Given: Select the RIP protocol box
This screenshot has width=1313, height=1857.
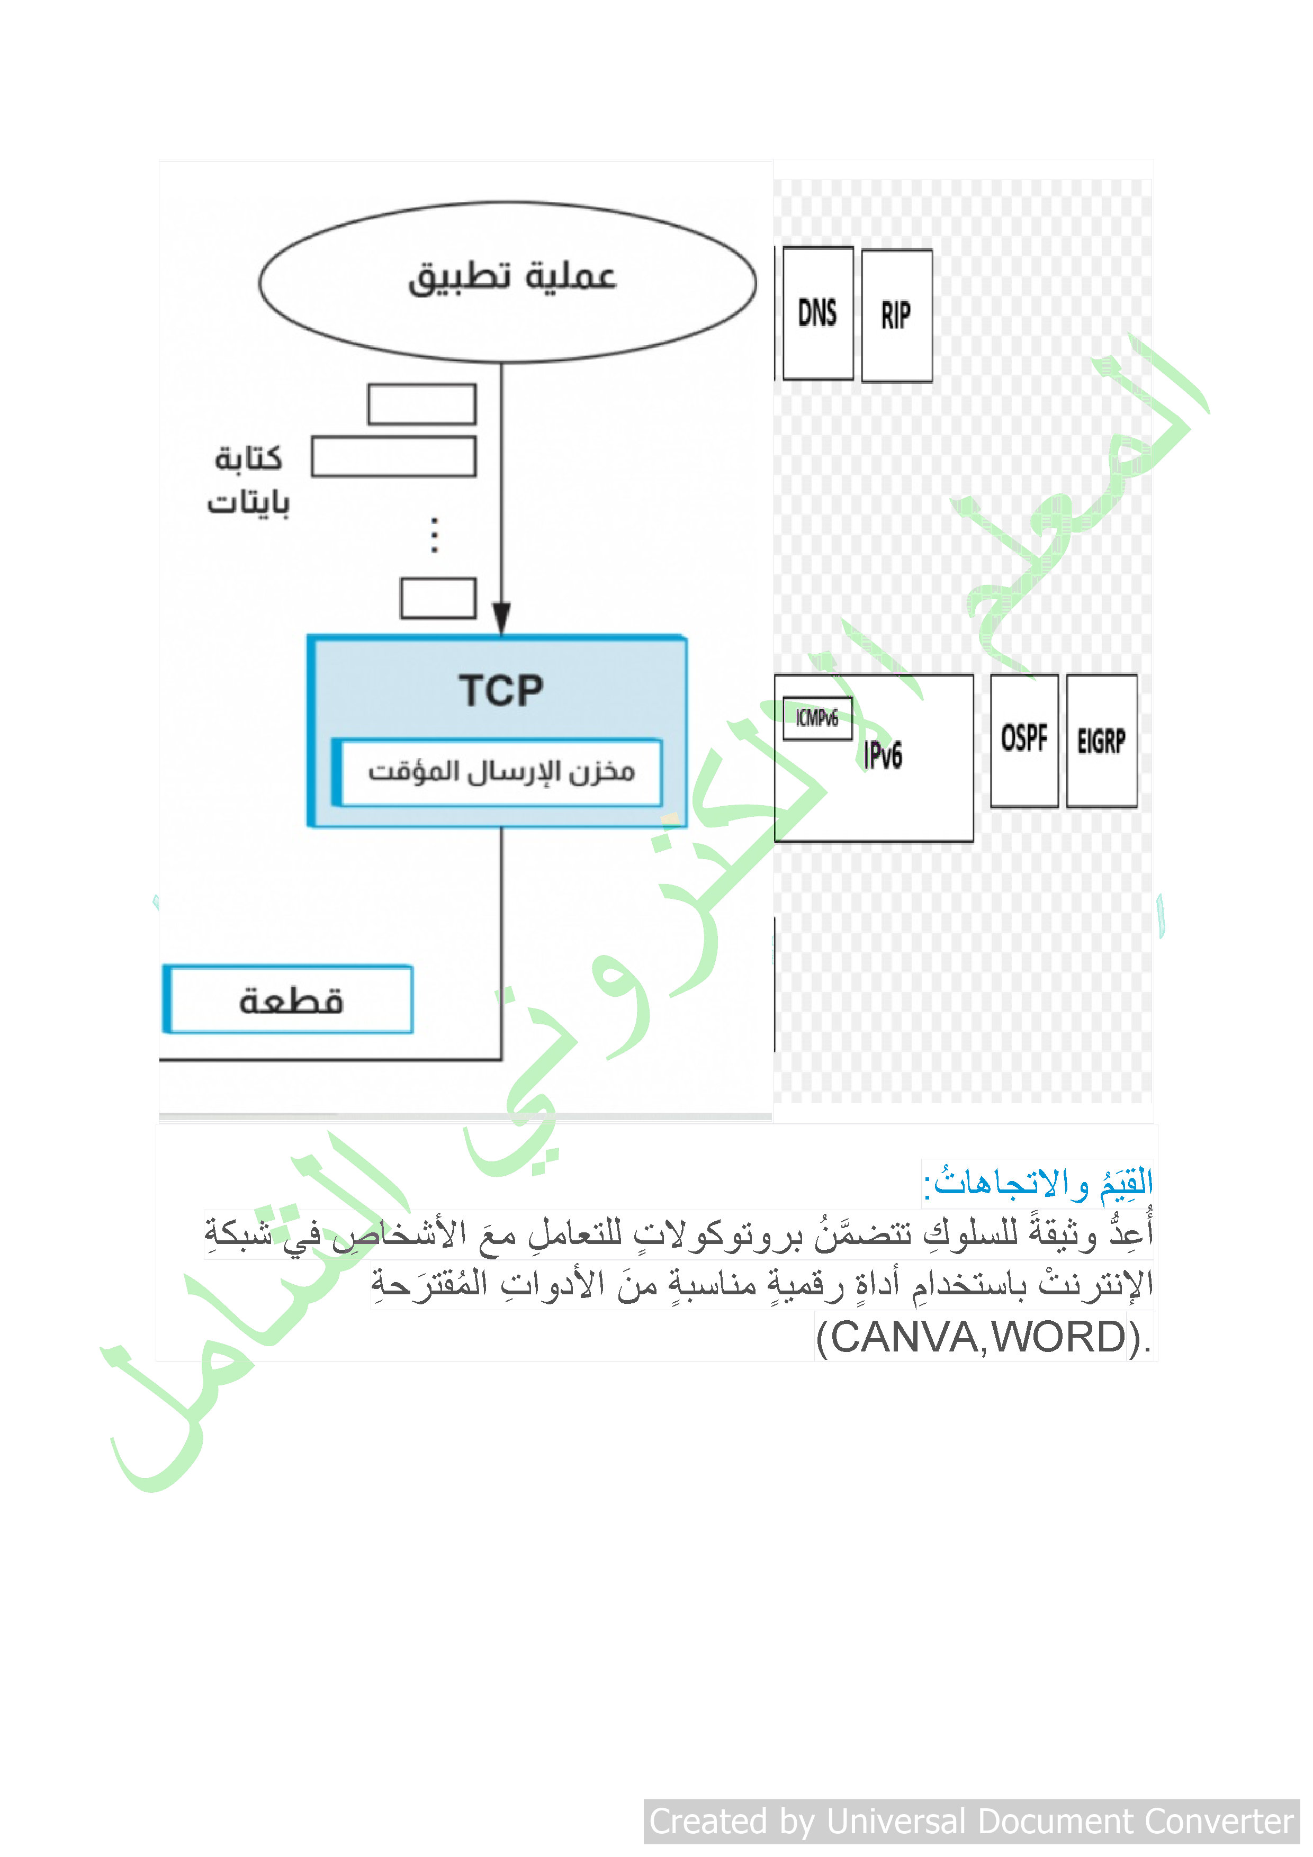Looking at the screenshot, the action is [896, 315].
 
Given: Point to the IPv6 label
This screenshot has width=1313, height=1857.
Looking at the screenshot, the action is [883, 755].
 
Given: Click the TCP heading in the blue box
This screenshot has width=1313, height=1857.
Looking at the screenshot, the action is [501, 691].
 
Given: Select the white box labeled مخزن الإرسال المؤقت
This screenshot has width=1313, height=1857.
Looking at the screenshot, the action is [498, 772].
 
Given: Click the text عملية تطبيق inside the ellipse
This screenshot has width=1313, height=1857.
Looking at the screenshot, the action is [511, 277].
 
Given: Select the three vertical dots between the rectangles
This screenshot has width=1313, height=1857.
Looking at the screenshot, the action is [435, 535].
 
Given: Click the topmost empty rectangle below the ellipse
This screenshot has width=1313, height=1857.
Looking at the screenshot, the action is [421, 404].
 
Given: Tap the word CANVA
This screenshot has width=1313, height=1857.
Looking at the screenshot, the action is [905, 1337].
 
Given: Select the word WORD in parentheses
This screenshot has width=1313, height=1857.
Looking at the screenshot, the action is [1060, 1337].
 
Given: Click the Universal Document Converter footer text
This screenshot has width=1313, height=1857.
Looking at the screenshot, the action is [972, 1822].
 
